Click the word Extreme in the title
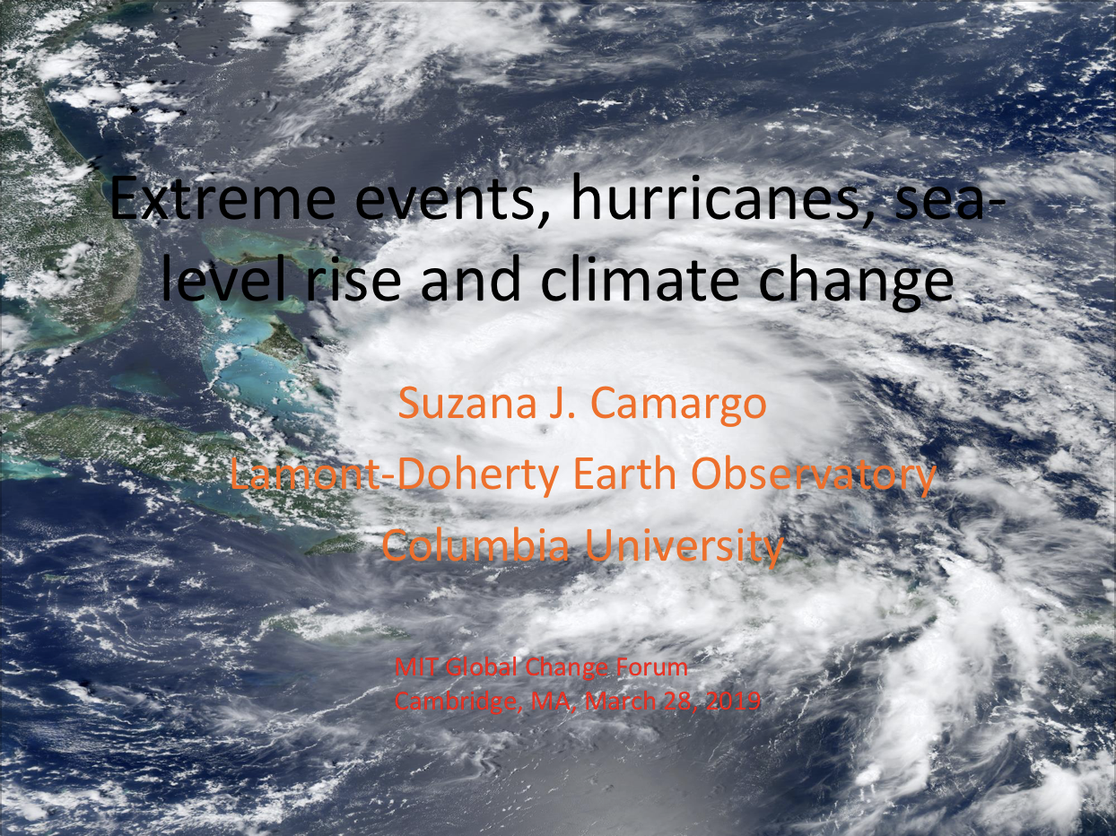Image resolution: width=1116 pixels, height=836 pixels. click(x=222, y=198)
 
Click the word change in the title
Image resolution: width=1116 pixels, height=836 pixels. click(x=855, y=283)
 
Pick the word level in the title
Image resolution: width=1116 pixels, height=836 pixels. click(x=222, y=277)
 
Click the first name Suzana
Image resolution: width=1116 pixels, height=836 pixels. click(x=467, y=403)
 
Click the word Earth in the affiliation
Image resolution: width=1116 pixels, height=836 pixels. click(x=624, y=474)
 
